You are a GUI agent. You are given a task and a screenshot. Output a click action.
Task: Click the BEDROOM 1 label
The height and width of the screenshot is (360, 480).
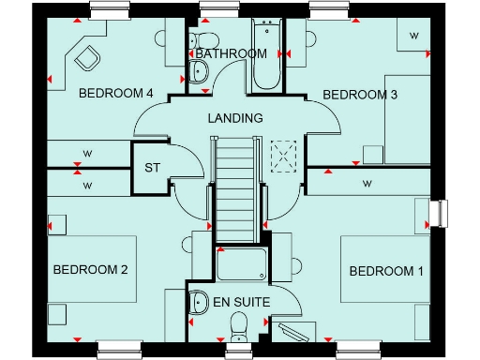click(x=386, y=272)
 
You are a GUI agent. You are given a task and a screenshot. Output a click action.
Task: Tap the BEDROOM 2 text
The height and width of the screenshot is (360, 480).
click(x=90, y=270)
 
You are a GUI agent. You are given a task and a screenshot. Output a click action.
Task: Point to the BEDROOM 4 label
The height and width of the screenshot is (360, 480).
click(x=115, y=93)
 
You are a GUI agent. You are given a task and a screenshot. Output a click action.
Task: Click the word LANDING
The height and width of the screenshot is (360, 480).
click(x=234, y=118)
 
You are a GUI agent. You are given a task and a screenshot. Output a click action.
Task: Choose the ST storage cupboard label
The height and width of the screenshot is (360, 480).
click(x=153, y=169)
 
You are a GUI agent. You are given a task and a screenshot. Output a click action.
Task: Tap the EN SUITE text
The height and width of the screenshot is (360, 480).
click(x=241, y=303)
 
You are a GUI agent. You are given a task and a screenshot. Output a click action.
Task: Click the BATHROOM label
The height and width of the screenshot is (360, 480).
click(x=231, y=54)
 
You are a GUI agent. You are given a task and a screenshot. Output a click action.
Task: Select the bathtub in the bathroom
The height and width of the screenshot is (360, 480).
click(x=265, y=56)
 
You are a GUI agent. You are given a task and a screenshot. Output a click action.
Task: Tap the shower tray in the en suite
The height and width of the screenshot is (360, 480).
click(x=243, y=265)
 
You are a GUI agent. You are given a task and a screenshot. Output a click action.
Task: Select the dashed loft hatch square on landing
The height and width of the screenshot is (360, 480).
click(x=282, y=153)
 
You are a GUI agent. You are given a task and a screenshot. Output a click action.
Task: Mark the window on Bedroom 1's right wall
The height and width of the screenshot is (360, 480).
click(x=438, y=214)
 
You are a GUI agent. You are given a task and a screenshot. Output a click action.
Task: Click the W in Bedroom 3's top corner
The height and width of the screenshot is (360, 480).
click(x=413, y=36)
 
